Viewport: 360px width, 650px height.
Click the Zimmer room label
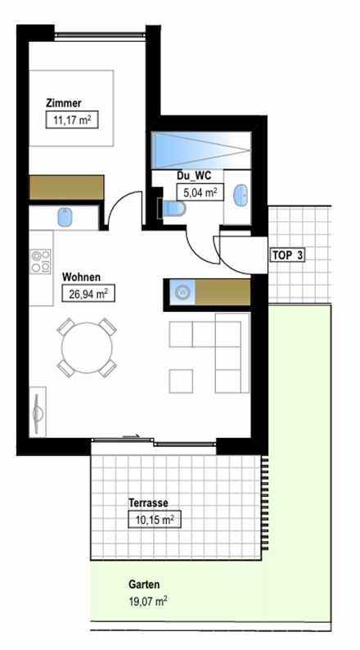[64, 103]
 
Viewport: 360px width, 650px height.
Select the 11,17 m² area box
[72, 120]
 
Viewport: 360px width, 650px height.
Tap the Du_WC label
[194, 176]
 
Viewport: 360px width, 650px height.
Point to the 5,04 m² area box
[200, 192]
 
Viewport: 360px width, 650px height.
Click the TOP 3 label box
[287, 255]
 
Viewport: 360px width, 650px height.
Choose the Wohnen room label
[81, 277]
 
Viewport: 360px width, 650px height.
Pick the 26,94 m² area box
[88, 294]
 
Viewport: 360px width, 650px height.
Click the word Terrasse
[148, 503]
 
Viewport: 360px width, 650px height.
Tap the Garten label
[144, 585]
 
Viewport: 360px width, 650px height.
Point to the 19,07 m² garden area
[148, 601]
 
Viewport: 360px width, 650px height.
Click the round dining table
[87, 347]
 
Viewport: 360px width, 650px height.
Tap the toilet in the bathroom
[173, 209]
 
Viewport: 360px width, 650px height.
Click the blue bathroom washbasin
[241, 195]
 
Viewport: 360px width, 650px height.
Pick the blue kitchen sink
[65, 217]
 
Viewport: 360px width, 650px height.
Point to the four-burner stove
[41, 262]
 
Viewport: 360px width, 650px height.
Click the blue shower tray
[201, 151]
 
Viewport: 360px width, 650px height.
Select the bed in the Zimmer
[71, 108]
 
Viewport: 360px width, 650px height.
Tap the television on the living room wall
[38, 412]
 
